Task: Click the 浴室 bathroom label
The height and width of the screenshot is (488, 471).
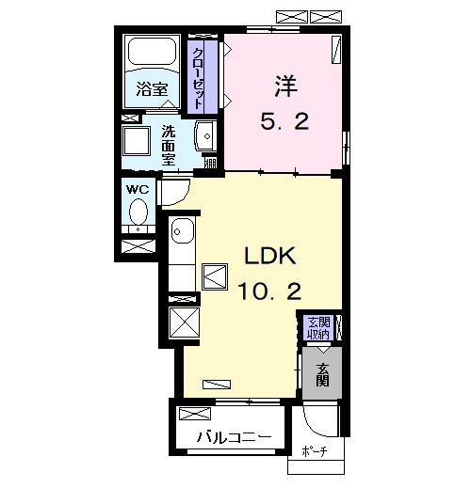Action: [152, 88]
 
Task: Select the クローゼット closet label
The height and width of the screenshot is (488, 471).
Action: [198, 79]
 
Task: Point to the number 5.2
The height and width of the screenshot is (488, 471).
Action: [284, 121]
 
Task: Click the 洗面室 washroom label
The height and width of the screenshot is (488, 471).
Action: [169, 145]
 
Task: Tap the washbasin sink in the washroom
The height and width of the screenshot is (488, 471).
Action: [205, 136]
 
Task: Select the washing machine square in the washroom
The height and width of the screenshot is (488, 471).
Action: [137, 141]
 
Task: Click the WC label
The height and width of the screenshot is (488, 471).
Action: [138, 189]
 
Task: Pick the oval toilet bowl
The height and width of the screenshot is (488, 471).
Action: [138, 211]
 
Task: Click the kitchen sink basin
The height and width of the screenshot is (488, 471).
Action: [183, 230]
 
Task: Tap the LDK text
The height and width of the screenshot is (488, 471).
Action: [270, 256]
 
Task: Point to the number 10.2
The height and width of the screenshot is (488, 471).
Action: [269, 291]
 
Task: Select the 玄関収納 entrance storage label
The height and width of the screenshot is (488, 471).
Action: [318, 328]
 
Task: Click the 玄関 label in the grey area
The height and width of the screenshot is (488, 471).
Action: [322, 374]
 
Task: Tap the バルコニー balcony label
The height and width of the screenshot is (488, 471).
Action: [235, 437]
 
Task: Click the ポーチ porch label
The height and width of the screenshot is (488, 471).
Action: [315, 451]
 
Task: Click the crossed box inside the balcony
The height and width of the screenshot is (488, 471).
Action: [195, 414]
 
